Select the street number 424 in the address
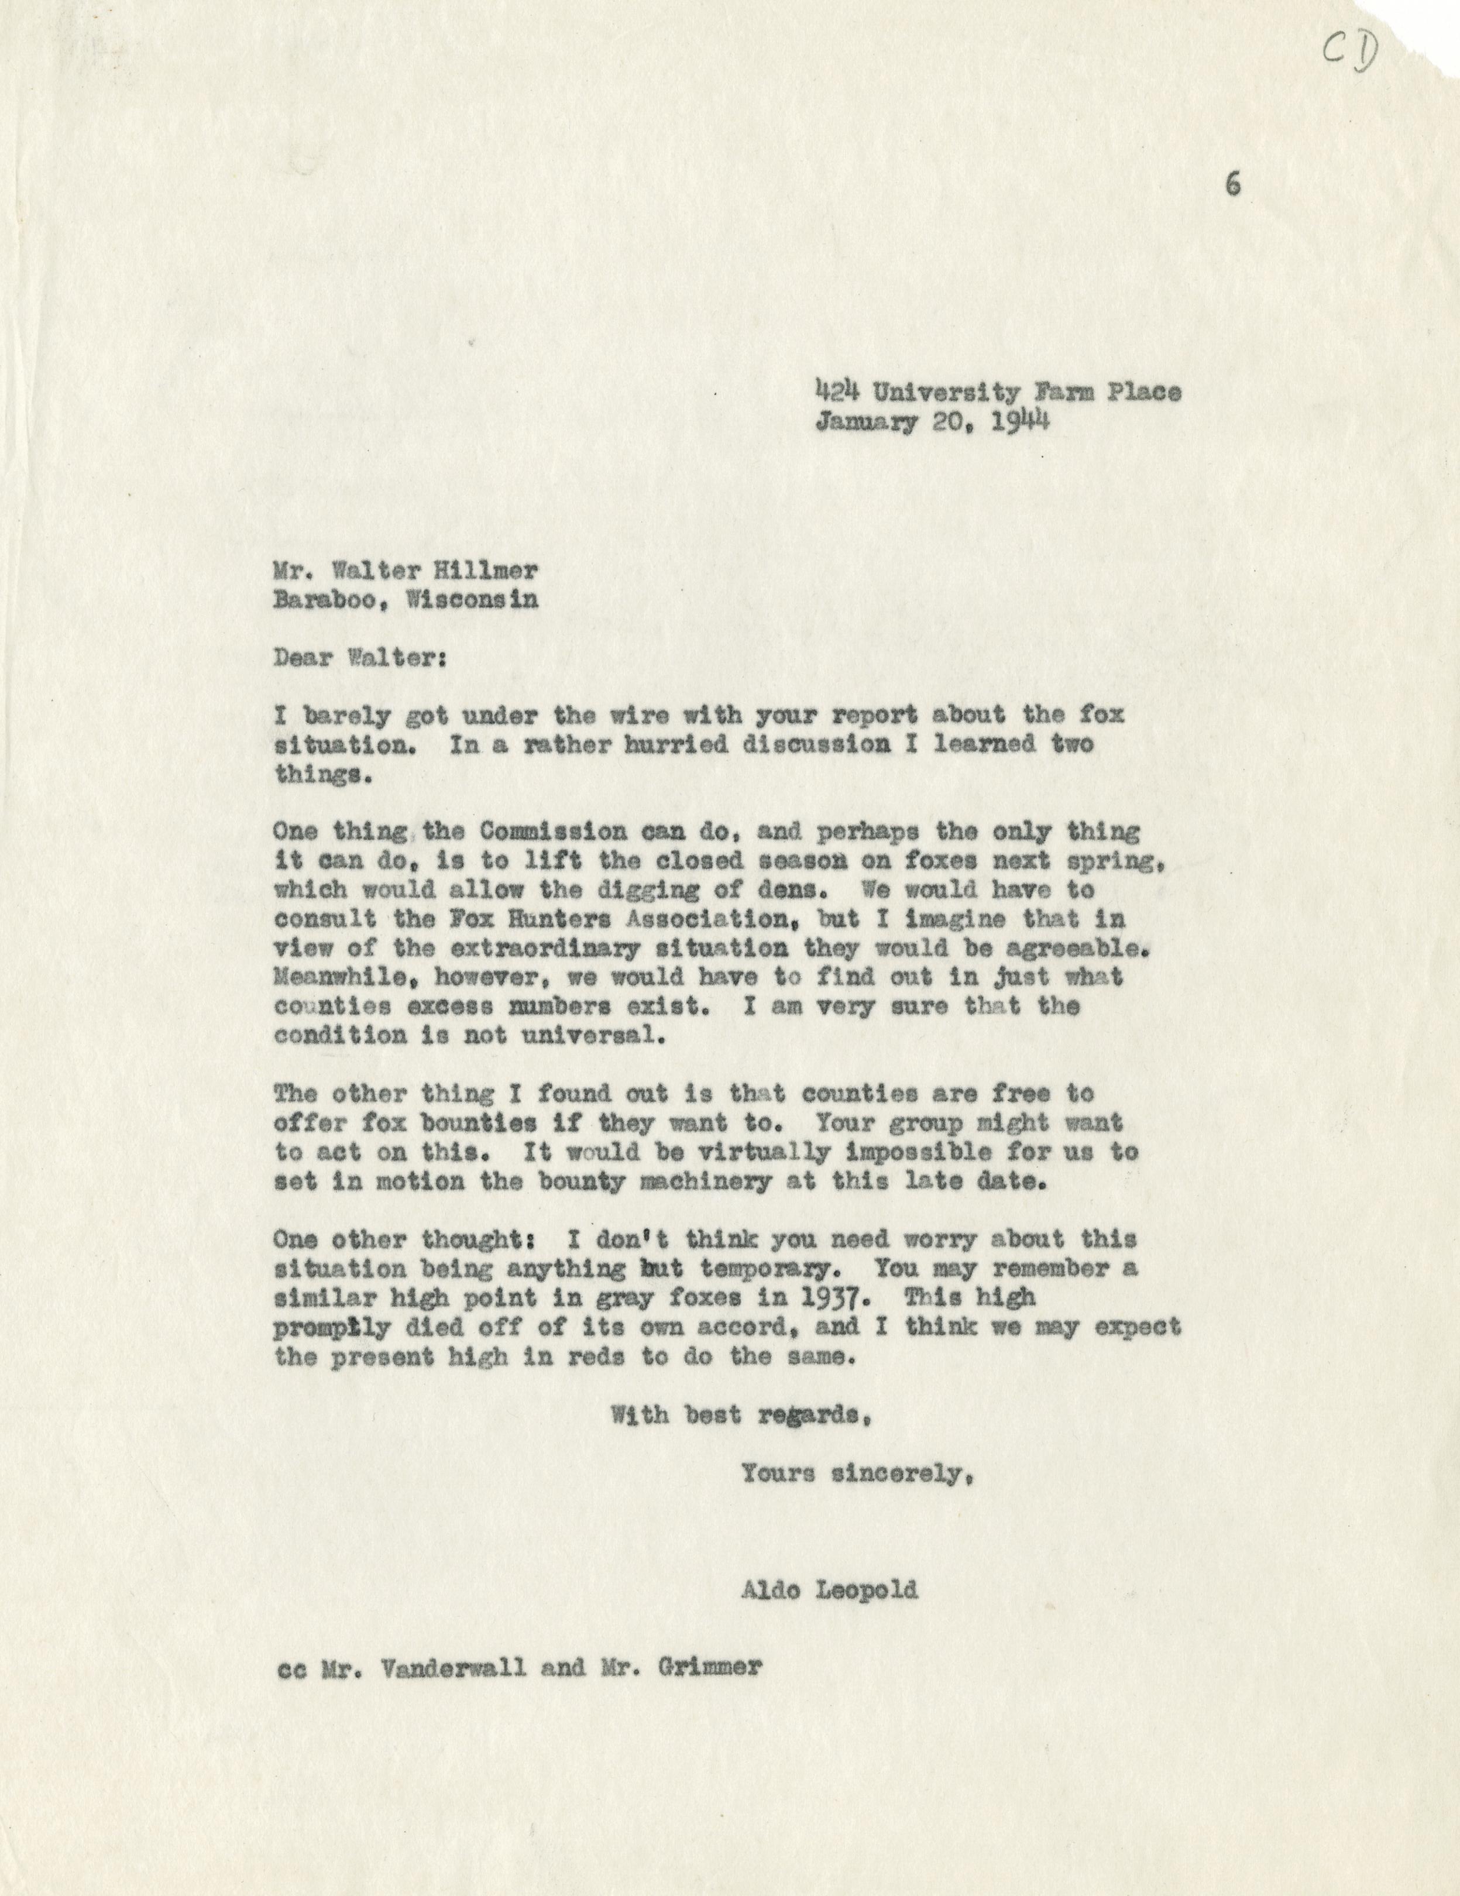tap(839, 393)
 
